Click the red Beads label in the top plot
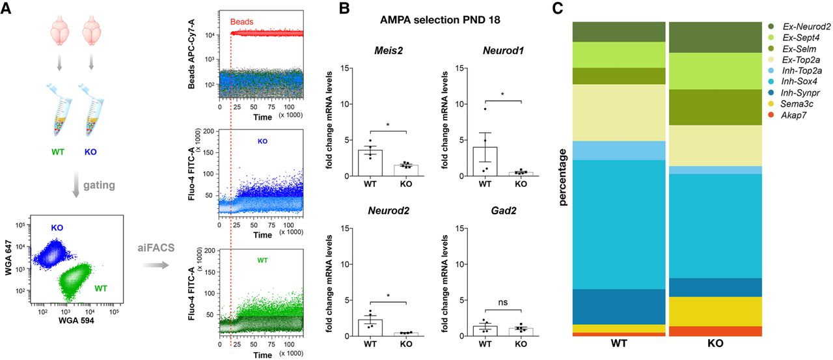point(241,21)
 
